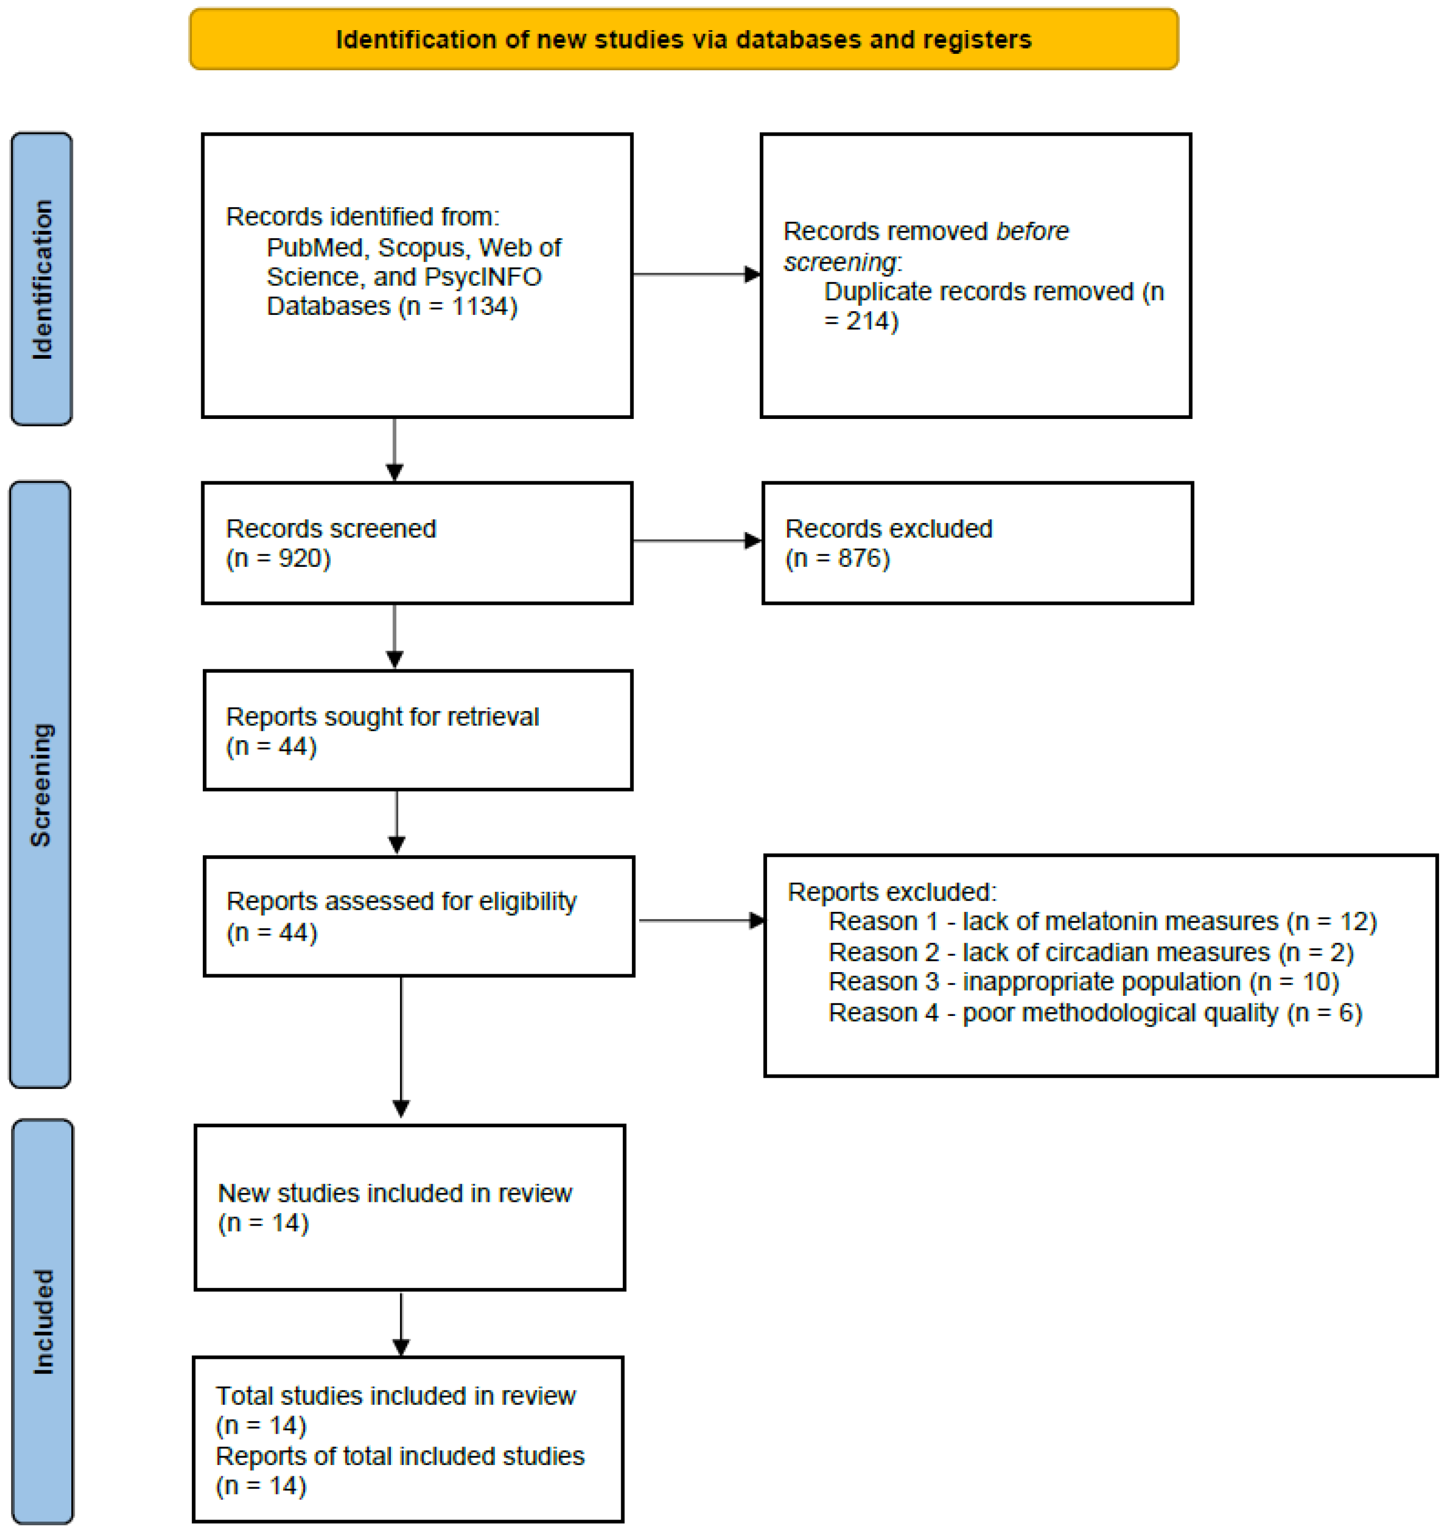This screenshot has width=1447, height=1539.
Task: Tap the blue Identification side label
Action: [x=42, y=279]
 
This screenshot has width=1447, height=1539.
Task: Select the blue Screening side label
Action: [x=40, y=784]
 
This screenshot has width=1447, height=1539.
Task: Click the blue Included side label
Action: [x=43, y=1321]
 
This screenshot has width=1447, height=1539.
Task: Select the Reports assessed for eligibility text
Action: [x=400, y=901]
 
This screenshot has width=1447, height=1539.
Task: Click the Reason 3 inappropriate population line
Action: [x=1082, y=982]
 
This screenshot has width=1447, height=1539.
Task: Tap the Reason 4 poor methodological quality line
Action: [x=1094, y=1013]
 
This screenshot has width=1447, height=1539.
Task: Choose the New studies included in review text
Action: [x=394, y=1193]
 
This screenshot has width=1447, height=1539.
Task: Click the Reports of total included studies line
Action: [x=399, y=1456]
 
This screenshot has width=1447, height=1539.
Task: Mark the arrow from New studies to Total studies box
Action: [x=401, y=1324]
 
